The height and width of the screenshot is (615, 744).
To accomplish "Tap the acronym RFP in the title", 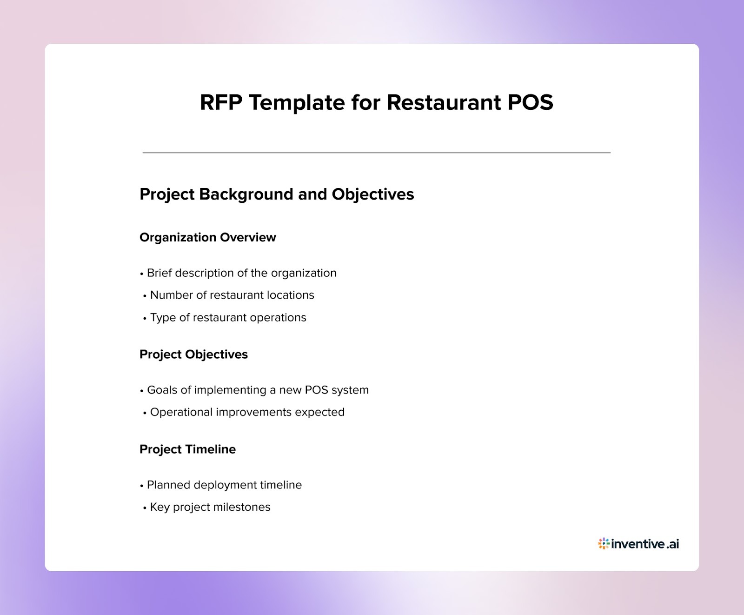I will tap(220, 102).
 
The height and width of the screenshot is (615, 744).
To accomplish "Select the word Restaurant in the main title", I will tap(444, 102).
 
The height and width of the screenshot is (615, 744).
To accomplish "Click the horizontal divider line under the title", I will tap(376, 153).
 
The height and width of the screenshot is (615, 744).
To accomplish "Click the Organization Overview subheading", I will tap(207, 237).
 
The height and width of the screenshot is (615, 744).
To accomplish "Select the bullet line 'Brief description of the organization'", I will tap(241, 273).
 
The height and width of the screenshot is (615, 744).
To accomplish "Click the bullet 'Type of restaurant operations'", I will tap(228, 317).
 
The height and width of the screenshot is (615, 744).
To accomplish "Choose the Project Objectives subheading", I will tap(193, 354).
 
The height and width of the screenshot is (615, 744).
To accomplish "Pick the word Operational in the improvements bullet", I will tap(181, 412).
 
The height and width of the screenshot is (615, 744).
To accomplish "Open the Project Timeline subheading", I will tap(187, 449).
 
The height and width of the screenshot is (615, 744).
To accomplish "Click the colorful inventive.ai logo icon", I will tap(604, 543).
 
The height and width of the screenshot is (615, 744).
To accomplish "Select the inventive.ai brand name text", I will tap(645, 543).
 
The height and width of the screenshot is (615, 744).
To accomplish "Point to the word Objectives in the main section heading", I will tap(372, 194).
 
